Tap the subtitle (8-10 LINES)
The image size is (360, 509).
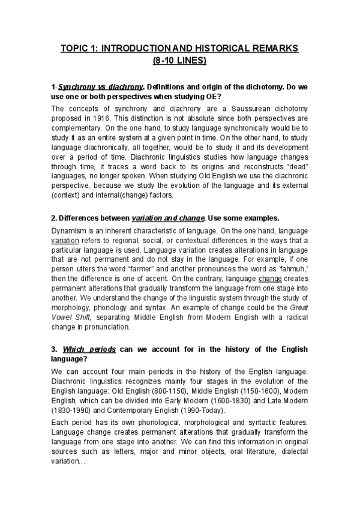(179, 60)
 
